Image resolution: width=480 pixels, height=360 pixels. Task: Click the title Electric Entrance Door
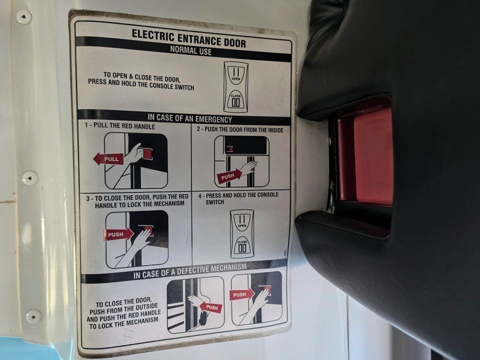pos(188,38)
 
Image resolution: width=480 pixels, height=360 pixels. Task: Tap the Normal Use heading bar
pos(183,49)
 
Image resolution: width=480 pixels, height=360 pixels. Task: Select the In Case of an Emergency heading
pos(190,118)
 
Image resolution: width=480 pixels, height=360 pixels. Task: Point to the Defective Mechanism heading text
pos(190,271)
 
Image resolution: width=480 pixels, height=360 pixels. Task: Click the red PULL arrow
pos(108,159)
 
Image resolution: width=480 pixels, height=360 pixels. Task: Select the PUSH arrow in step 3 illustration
pos(119,234)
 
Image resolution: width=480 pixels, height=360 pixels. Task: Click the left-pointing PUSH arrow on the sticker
pos(210,307)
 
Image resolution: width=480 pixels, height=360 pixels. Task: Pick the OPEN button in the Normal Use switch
pos(235,74)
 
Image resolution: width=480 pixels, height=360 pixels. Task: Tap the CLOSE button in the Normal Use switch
pos(235,100)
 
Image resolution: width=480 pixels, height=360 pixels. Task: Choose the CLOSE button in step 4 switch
pos(242,246)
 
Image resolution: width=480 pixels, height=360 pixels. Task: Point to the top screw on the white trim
pos(24,16)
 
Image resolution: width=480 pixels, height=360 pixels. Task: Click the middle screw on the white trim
pos(30,178)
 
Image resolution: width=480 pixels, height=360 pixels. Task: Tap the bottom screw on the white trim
pos(33,316)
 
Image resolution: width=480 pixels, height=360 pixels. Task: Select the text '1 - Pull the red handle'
pos(119,125)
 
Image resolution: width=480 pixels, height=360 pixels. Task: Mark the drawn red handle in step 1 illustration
pos(147,153)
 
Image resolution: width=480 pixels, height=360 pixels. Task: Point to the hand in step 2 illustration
pos(248,168)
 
